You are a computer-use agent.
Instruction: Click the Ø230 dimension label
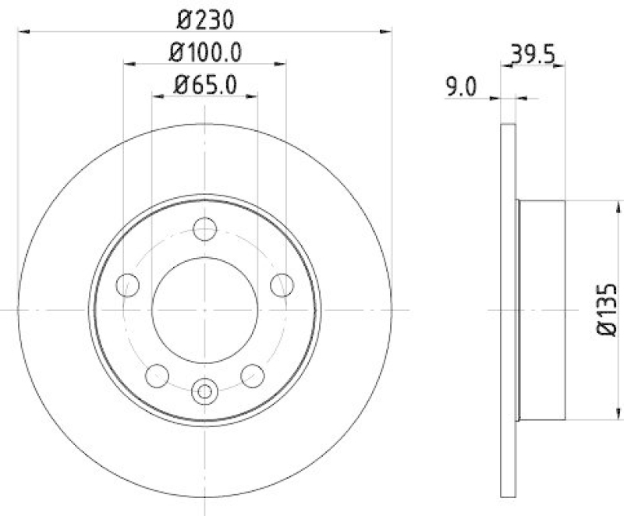tap(204, 17)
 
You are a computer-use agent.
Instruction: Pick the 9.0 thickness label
tap(461, 87)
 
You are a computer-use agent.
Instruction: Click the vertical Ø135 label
tap(608, 309)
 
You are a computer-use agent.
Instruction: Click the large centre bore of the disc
tap(204, 309)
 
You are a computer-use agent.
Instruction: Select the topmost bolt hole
tap(204, 229)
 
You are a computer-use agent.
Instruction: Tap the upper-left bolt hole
tap(128, 285)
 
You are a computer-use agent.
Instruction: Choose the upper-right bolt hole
tap(281, 285)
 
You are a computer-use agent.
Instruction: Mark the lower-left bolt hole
tap(158, 375)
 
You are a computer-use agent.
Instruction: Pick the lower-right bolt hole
tap(251, 375)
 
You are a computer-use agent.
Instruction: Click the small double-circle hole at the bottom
tap(204, 390)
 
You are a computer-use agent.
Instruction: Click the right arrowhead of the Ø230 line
tap(386, 31)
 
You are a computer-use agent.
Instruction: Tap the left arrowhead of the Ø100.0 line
tap(129, 65)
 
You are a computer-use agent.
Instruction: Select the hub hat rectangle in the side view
tap(542, 309)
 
